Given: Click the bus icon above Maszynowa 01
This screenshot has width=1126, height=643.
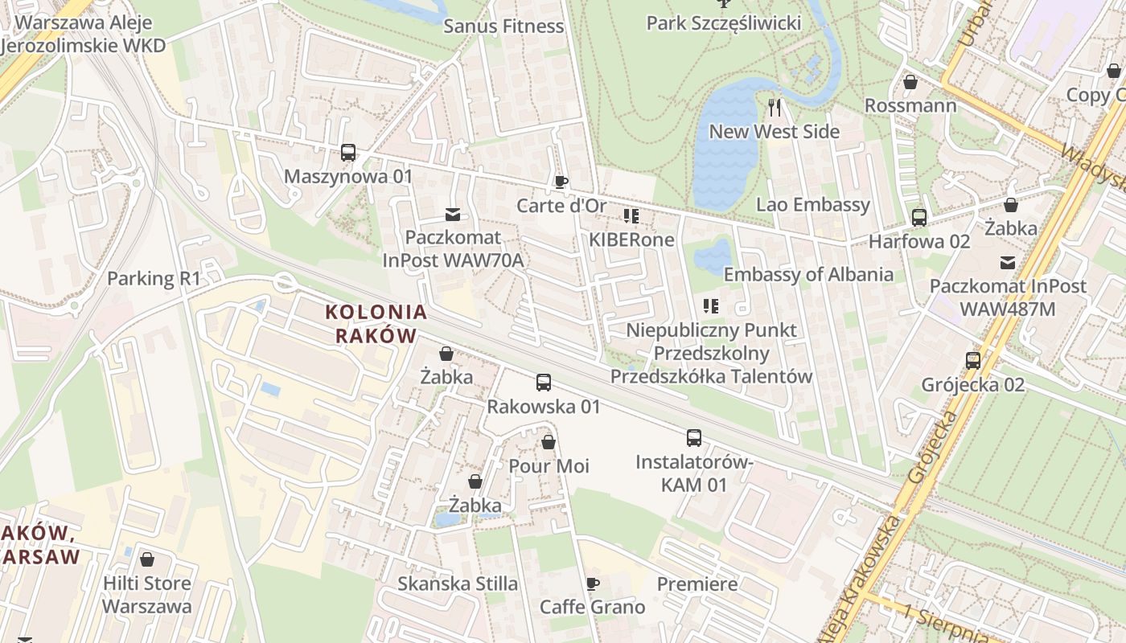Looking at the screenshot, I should (x=348, y=153).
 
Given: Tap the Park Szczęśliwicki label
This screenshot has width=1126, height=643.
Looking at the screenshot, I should (x=723, y=23).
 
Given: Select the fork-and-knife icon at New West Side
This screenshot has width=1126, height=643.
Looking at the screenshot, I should (x=775, y=108).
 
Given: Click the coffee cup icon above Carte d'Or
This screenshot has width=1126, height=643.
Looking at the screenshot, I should (x=561, y=182).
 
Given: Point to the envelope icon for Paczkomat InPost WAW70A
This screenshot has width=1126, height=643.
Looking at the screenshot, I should (x=453, y=215).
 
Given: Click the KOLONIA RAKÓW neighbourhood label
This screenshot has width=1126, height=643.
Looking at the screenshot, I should (x=376, y=323).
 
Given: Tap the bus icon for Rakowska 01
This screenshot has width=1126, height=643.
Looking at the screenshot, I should (x=544, y=383).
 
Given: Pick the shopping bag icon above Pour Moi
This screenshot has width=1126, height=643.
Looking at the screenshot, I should (x=549, y=442).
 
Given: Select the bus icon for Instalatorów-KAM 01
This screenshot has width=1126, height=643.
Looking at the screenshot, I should (x=694, y=438).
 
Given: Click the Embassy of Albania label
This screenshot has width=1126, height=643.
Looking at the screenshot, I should (x=808, y=274).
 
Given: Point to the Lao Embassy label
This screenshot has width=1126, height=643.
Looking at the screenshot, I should (x=813, y=204).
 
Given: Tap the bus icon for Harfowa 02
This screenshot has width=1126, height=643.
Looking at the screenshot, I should (x=919, y=217).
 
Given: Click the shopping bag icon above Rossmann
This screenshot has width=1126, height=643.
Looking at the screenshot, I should (x=910, y=82).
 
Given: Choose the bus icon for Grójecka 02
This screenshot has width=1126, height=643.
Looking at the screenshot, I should (x=973, y=360).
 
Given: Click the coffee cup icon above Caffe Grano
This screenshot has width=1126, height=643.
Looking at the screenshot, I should (x=593, y=584).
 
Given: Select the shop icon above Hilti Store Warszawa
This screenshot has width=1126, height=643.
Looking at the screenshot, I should (x=147, y=559).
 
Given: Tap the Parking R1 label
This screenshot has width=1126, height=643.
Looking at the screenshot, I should (x=154, y=279).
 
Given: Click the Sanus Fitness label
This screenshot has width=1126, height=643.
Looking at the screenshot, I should (x=504, y=26).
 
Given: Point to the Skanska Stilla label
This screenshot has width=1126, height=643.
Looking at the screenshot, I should (x=458, y=584).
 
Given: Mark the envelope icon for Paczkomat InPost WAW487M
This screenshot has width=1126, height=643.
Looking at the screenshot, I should (x=1007, y=262).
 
